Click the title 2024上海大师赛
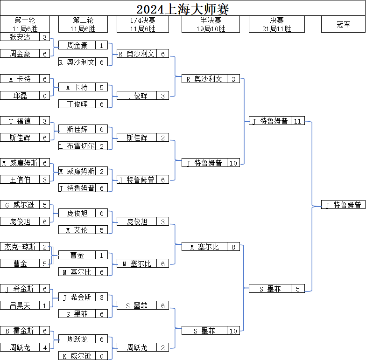(183, 9)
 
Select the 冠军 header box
(343, 24)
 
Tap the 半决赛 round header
(210, 20)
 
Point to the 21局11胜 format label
(276, 28)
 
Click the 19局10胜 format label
(210, 28)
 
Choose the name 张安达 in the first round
(20, 37)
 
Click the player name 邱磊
(20, 96)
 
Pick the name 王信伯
(20, 180)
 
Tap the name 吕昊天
(20, 305)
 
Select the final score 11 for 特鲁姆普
(297, 121)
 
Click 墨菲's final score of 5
(297, 289)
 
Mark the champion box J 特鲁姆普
(343, 205)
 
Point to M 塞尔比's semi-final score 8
(233, 247)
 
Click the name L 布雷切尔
(77, 146)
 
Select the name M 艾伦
(77, 230)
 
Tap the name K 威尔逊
(77, 356)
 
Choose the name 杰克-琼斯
(20, 247)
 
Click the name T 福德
(20, 121)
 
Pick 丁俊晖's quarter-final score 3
(163, 96)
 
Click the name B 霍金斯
(20, 331)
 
